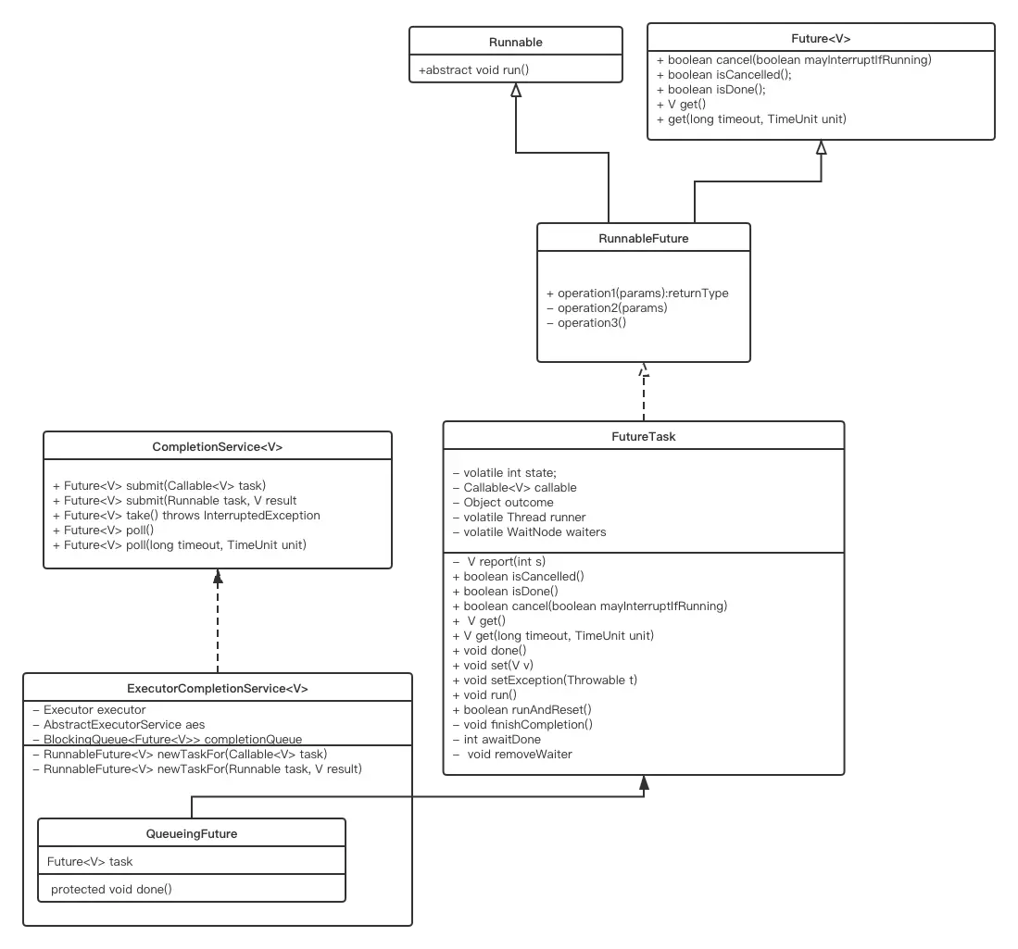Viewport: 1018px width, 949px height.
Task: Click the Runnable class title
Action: pyautogui.click(x=515, y=42)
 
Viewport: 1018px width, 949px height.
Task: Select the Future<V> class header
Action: pyautogui.click(x=821, y=38)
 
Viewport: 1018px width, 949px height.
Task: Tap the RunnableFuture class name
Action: pyautogui.click(x=644, y=238)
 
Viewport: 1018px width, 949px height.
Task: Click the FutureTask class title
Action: pyautogui.click(x=644, y=436)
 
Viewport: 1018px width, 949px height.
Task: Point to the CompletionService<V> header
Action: pyautogui.click(x=218, y=446)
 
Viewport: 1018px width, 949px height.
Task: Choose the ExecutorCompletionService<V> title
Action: pyautogui.click(x=218, y=689)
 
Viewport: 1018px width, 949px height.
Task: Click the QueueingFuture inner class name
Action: pyautogui.click(x=192, y=833)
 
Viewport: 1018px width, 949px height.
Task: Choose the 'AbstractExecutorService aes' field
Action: pyautogui.click(x=124, y=725)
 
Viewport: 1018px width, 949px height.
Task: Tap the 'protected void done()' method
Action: pyautogui.click(x=111, y=890)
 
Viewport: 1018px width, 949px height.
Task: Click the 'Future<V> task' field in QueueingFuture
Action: pyautogui.click(x=90, y=862)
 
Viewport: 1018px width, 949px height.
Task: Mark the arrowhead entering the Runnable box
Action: pyautogui.click(x=515, y=92)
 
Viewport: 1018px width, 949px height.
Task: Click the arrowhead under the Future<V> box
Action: pyautogui.click(x=821, y=148)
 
